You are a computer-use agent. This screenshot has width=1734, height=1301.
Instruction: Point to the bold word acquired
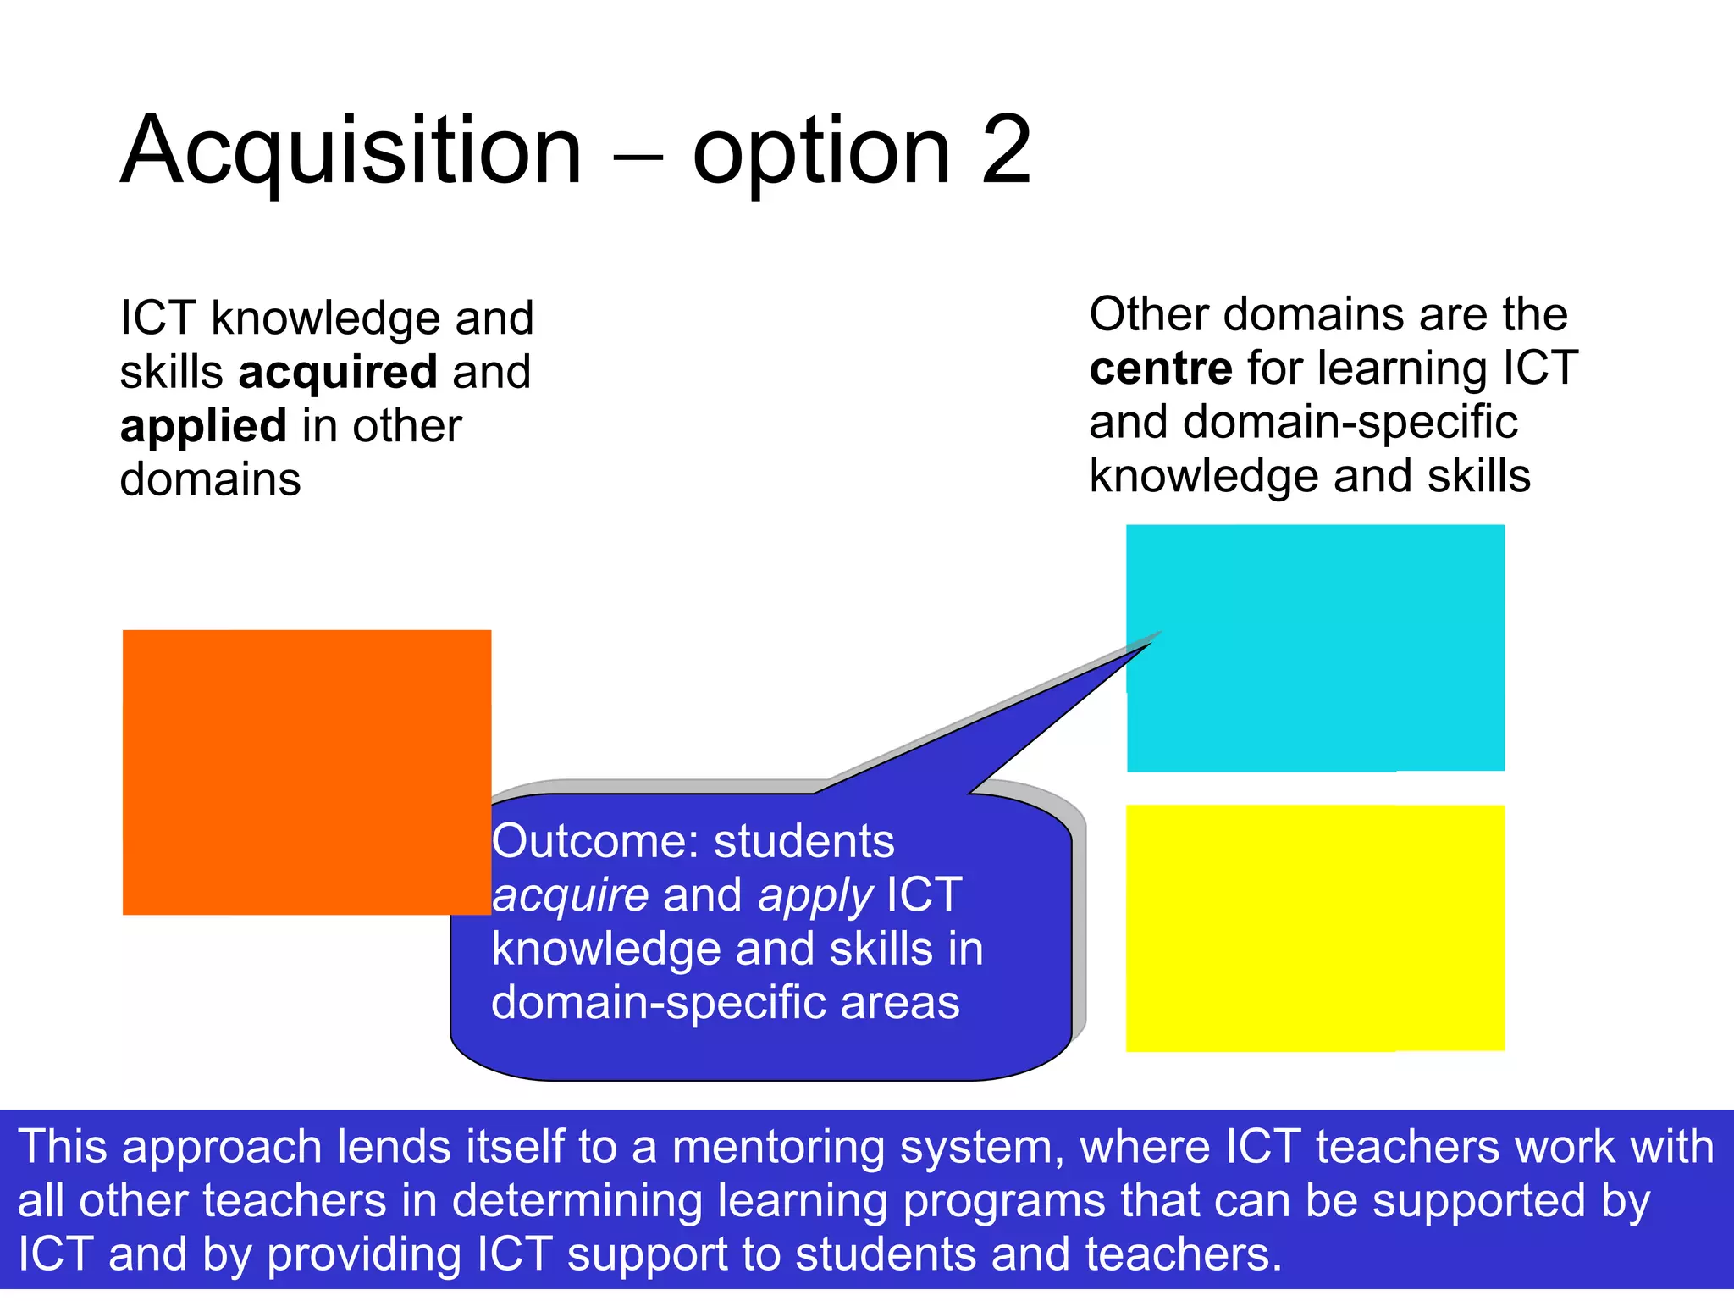(x=338, y=373)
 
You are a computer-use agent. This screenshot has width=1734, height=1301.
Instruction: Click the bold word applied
(x=203, y=426)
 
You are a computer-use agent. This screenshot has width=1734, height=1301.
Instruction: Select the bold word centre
(x=1160, y=368)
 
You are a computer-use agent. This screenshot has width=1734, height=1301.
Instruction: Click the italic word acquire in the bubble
(x=571, y=896)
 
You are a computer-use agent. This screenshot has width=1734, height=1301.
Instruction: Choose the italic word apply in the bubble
(x=815, y=896)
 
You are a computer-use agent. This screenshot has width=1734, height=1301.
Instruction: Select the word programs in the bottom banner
(x=1004, y=1201)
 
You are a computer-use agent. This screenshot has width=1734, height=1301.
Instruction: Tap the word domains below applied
(x=210, y=480)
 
